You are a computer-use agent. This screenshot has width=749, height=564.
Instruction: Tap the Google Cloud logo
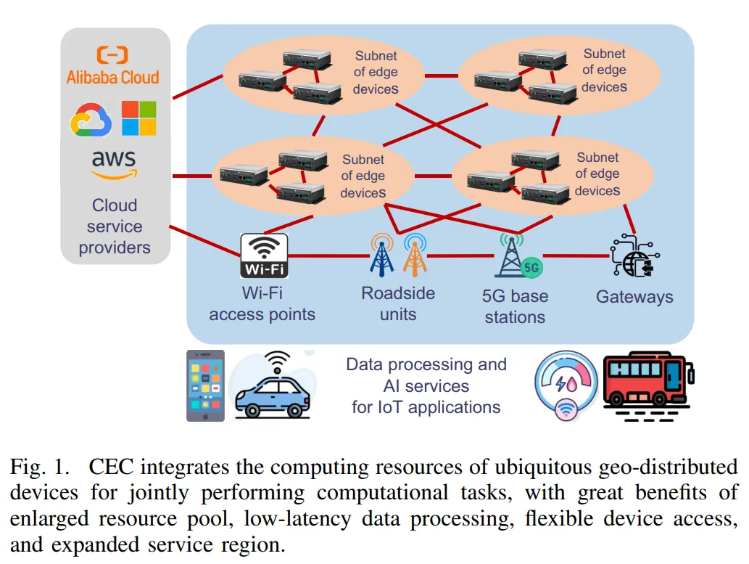coord(91,119)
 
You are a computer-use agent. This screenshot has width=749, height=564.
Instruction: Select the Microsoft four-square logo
coord(138,118)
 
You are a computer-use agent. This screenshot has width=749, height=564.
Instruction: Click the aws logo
coord(114,165)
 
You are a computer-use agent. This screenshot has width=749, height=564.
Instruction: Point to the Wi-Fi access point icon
coord(264,256)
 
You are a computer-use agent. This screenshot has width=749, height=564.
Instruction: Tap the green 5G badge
coord(531,267)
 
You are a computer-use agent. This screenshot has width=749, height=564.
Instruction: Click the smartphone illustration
coord(205,385)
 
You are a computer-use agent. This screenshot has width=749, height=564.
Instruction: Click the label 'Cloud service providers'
coord(115,226)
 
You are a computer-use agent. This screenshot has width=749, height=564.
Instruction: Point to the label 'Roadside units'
coord(398,303)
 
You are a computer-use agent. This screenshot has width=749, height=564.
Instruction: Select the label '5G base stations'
coord(515,306)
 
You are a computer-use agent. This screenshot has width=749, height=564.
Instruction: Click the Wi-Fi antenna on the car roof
coord(278,361)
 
